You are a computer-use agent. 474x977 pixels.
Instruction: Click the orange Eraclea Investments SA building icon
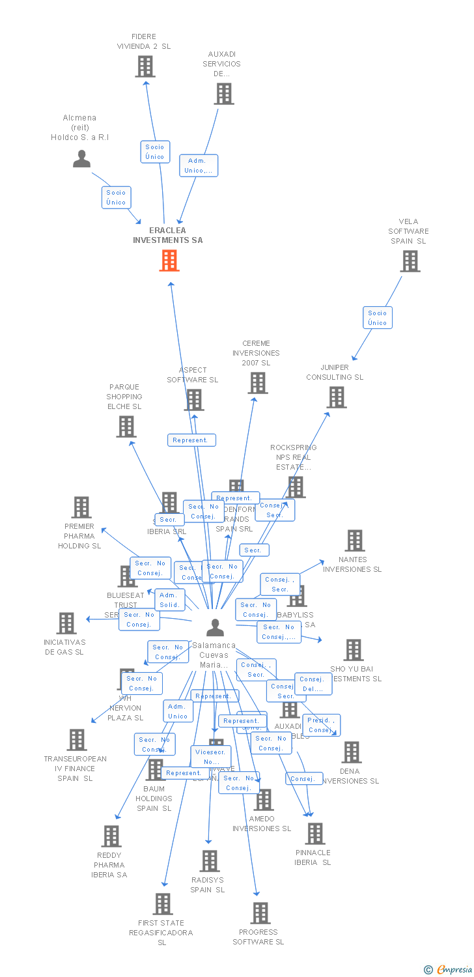[x=169, y=261]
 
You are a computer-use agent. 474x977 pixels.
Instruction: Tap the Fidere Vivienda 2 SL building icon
[x=145, y=66]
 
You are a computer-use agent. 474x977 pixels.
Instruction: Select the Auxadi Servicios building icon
[x=224, y=94]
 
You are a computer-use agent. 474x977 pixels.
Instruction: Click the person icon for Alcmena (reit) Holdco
[x=81, y=159]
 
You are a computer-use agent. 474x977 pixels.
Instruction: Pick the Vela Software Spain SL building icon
[x=410, y=261]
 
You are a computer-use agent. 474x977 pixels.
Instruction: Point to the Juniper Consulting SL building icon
[x=337, y=397]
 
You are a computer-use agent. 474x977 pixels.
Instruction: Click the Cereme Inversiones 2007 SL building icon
[x=258, y=383]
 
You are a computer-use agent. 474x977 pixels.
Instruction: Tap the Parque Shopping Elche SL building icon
[x=126, y=427]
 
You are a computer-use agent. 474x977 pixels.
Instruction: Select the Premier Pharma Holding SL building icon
[x=81, y=507]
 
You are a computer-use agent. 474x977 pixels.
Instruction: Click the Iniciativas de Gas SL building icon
[x=66, y=623]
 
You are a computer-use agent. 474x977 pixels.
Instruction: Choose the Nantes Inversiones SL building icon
[x=355, y=541]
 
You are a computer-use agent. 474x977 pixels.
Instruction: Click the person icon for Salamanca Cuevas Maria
[x=215, y=627]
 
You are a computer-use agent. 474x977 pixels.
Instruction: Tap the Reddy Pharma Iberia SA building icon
[x=111, y=836]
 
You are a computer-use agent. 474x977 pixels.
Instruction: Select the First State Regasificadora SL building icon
[x=163, y=904]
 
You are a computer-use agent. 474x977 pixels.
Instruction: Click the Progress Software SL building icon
[x=260, y=913]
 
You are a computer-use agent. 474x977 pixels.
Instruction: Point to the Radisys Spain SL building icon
[x=209, y=861]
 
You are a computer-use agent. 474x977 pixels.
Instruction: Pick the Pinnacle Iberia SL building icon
[x=315, y=834]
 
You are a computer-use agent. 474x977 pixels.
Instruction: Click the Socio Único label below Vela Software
[x=378, y=318]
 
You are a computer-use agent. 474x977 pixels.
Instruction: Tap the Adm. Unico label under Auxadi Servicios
[x=199, y=165]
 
